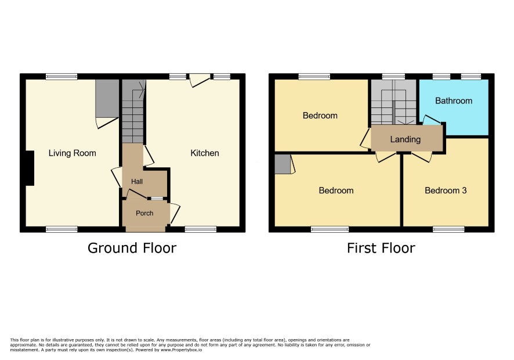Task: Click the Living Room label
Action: point(72,153)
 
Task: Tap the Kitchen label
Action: point(205,153)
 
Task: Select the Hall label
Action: point(137,182)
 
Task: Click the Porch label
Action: point(144,213)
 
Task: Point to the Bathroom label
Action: point(454,101)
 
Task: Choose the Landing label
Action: point(405,139)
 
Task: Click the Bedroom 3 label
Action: point(446,190)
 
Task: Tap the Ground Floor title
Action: point(132,248)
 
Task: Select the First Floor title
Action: point(381,248)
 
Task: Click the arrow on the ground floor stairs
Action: point(142,89)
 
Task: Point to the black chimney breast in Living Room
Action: point(30,168)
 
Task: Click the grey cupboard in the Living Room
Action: point(107,98)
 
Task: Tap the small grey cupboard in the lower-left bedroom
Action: point(283,164)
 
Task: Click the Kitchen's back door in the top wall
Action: point(200,80)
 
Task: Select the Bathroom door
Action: point(432,120)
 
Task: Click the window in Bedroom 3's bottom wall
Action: point(448,229)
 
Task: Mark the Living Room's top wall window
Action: point(61,77)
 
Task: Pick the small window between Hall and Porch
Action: point(157,198)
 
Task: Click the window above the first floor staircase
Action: point(393,77)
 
